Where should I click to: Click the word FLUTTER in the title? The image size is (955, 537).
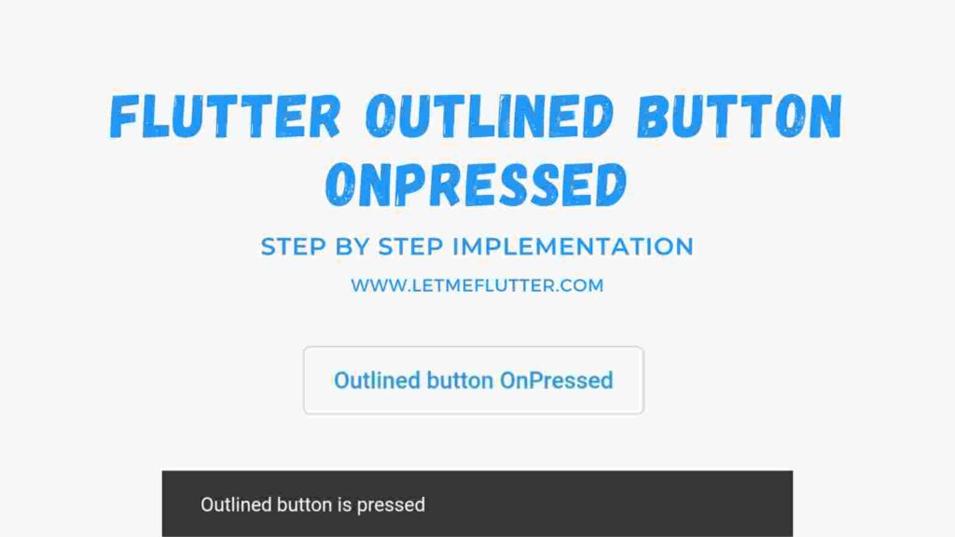(224, 117)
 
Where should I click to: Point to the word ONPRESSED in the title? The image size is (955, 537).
(475, 185)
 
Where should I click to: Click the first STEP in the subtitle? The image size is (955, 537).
(292, 247)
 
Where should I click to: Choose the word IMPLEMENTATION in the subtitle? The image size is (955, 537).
(573, 247)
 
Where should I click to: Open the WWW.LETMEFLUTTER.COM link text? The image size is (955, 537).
(477, 285)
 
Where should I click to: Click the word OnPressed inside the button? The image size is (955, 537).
(556, 380)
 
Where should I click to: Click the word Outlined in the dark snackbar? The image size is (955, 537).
(236, 505)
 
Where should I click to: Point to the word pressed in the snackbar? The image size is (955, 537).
(391, 505)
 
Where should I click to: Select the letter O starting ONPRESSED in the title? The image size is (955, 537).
(341, 185)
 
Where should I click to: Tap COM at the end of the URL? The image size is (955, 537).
(583, 285)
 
